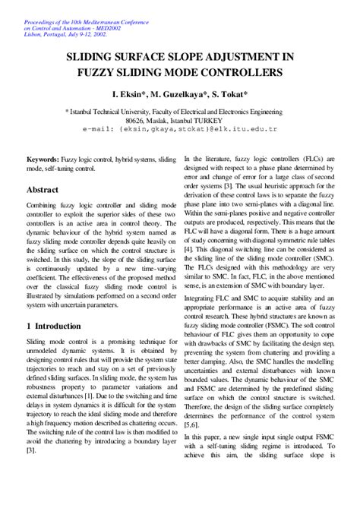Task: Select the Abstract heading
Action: pos(48,189)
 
